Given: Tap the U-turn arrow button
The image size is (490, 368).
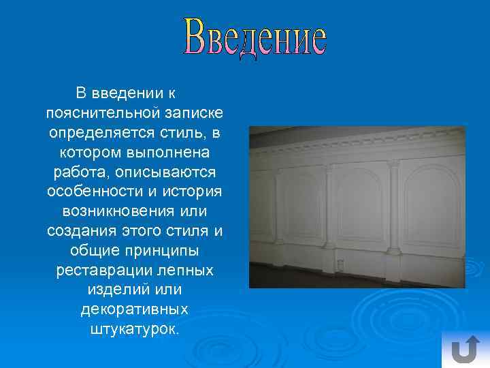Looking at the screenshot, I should (465, 350).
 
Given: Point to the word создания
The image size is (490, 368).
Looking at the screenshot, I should (79, 230).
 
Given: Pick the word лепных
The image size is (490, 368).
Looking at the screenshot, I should (186, 270).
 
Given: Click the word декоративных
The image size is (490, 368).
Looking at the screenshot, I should (135, 309).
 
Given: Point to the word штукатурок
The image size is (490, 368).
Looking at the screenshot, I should (135, 329).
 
